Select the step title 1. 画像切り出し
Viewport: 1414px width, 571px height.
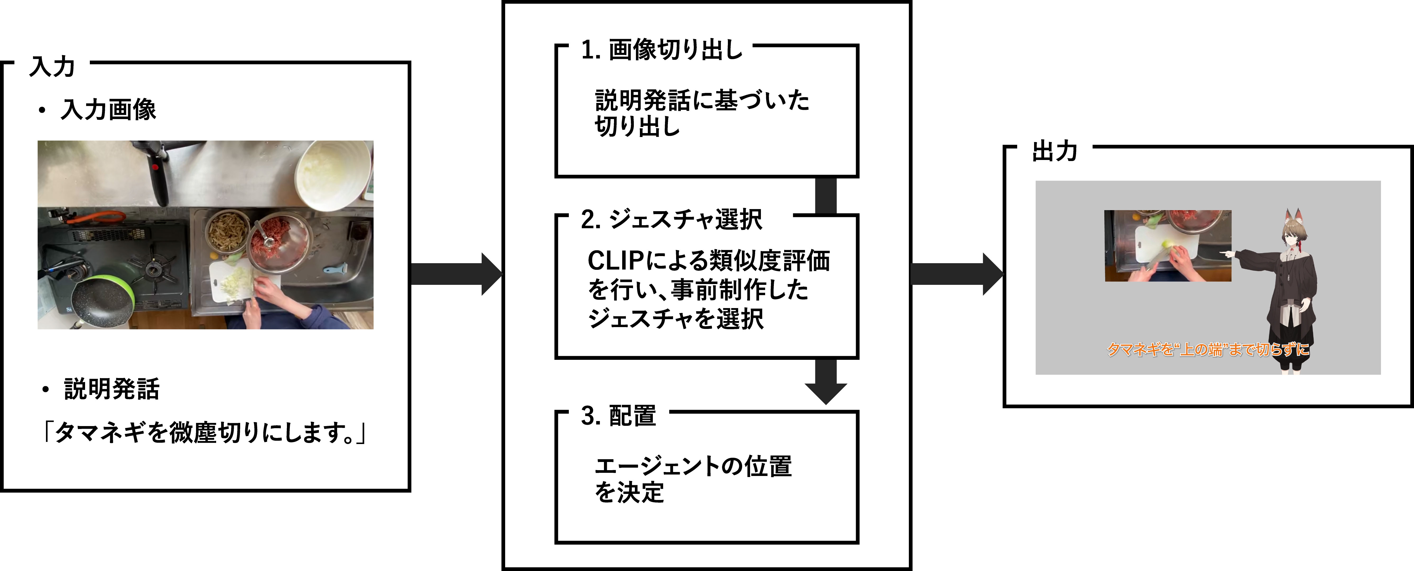662,50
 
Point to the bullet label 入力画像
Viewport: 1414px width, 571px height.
108,110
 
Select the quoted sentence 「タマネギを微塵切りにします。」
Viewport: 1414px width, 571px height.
204,433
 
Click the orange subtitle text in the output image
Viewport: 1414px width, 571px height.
1208,350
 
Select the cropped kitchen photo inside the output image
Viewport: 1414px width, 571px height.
1168,246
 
